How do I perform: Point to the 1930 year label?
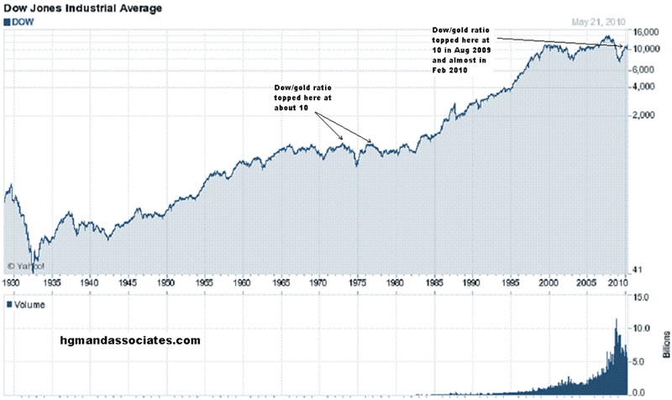pos(13,284)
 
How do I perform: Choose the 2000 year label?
pos(548,284)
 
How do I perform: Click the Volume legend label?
pos(30,305)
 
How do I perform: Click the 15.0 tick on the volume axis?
pos(641,297)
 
